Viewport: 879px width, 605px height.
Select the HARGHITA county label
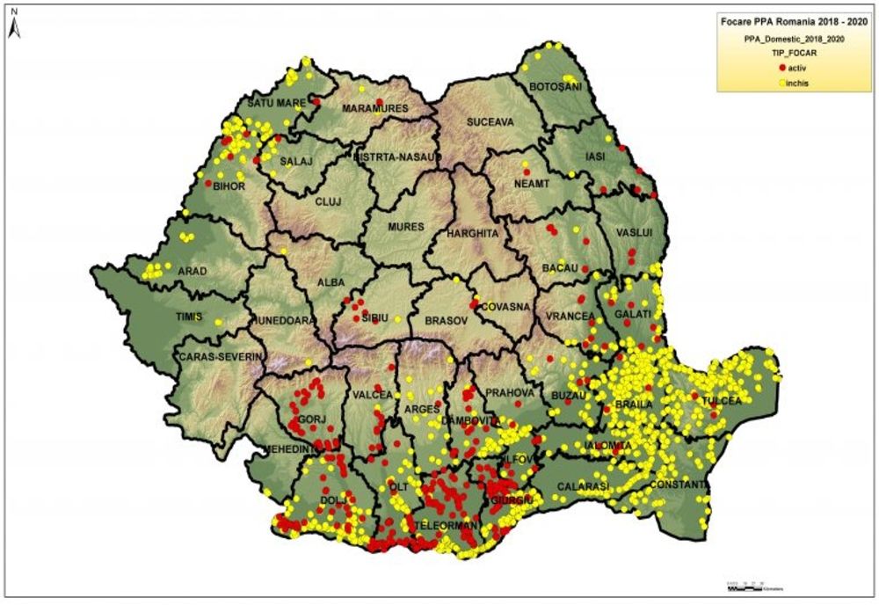pyautogui.click(x=473, y=234)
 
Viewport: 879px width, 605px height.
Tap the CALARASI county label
pyautogui.click(x=582, y=485)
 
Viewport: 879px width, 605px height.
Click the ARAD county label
pyautogui.click(x=191, y=271)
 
